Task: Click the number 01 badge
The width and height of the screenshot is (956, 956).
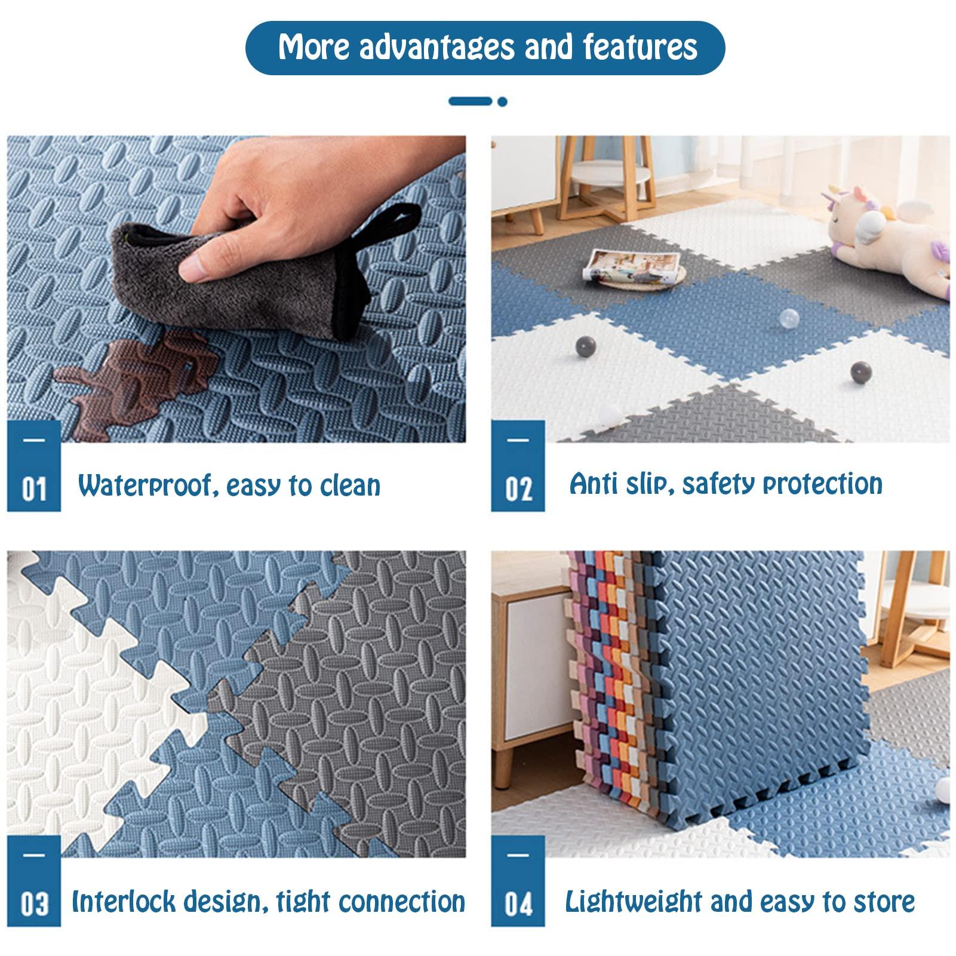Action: click(x=34, y=466)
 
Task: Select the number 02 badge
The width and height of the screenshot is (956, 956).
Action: click(x=518, y=466)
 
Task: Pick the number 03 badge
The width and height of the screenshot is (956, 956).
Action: click(x=34, y=881)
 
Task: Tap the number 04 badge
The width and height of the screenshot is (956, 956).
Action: click(x=518, y=881)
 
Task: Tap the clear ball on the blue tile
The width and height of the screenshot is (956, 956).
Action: click(x=788, y=318)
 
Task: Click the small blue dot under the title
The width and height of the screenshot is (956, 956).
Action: click(x=502, y=102)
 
